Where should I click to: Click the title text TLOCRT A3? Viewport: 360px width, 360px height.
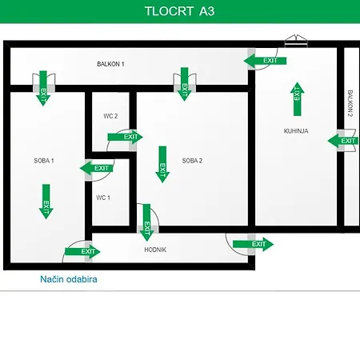click(x=179, y=11)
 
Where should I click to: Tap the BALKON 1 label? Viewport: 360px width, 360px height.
click(x=110, y=64)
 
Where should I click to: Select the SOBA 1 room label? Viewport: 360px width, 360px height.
click(x=44, y=161)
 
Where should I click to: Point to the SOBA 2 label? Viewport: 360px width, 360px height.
click(x=192, y=161)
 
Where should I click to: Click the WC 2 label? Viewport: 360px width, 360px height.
click(x=110, y=116)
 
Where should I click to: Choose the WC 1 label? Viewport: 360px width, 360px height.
click(x=103, y=198)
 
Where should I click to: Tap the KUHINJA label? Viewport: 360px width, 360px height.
click(x=296, y=131)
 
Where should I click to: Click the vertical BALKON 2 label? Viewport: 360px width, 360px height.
click(x=350, y=103)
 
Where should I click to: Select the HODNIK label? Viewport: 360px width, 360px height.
click(x=155, y=250)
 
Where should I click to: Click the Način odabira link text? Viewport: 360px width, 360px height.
click(x=69, y=279)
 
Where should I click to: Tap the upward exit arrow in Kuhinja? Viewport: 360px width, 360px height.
click(x=297, y=99)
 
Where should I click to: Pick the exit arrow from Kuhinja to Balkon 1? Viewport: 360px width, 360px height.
click(x=265, y=61)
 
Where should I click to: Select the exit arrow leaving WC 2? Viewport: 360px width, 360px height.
click(x=125, y=137)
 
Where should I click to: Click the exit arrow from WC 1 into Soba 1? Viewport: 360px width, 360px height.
click(x=97, y=168)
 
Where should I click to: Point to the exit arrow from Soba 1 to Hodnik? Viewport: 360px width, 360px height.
click(x=82, y=251)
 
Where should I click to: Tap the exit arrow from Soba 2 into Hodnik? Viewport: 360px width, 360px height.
click(x=146, y=222)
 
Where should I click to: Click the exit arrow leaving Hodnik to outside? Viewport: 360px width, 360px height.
click(x=253, y=244)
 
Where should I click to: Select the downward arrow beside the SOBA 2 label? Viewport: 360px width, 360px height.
click(x=162, y=164)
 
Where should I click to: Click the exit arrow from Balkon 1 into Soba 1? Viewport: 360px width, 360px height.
click(x=43, y=88)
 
